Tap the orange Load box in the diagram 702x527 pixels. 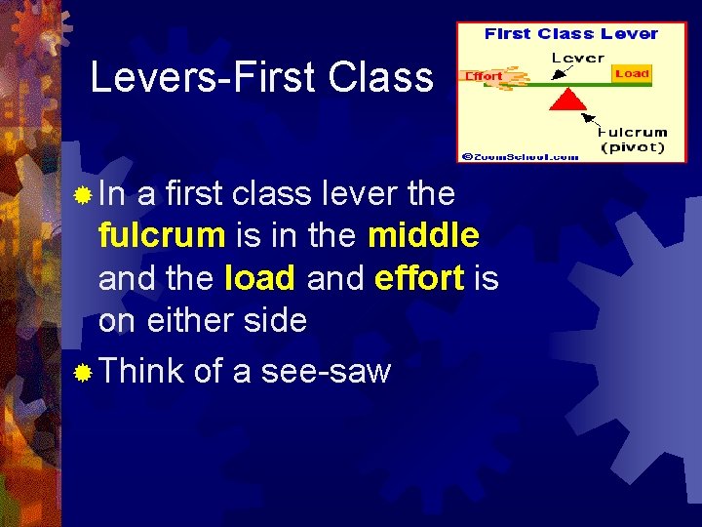[x=632, y=73]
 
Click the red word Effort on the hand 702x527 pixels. [x=485, y=75]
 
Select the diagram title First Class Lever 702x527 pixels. [x=571, y=34]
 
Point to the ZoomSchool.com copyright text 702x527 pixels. [x=521, y=155]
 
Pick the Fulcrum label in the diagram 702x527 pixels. [x=633, y=132]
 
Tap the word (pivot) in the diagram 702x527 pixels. [x=633, y=147]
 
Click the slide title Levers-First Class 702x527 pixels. [x=261, y=76]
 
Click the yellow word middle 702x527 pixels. [x=423, y=235]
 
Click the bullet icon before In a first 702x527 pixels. [x=84, y=194]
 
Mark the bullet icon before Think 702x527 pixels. [x=84, y=372]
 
